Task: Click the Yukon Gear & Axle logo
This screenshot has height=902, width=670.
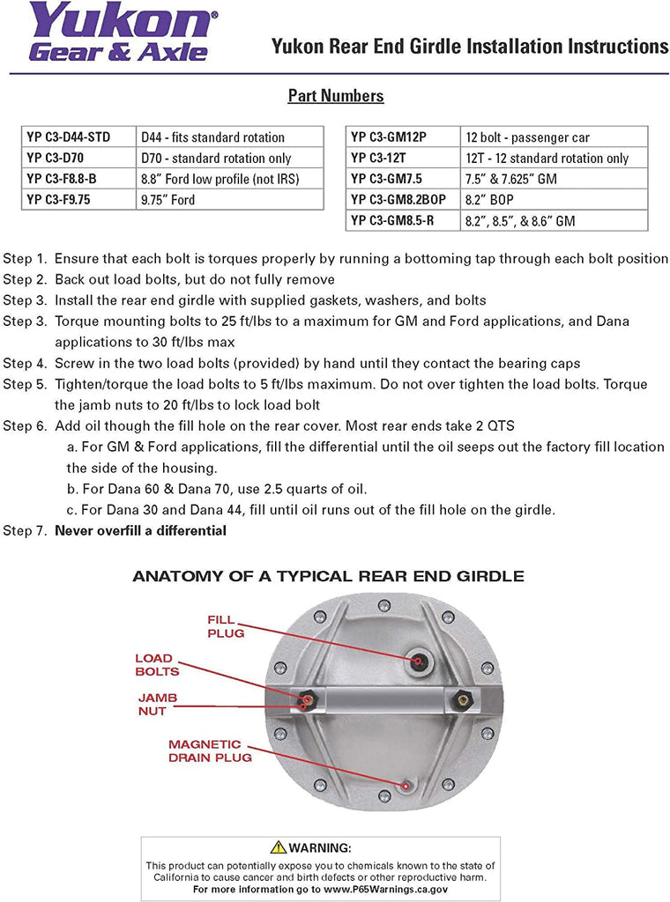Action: pos(119,33)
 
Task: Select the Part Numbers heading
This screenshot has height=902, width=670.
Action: pos(335,96)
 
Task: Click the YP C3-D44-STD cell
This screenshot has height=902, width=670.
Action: pos(78,137)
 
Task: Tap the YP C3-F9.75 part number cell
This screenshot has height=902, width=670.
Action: pos(78,199)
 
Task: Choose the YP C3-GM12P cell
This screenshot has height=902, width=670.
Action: pos(404,137)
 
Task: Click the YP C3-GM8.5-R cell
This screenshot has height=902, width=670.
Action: pos(404,220)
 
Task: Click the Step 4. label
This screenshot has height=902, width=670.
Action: pos(25,363)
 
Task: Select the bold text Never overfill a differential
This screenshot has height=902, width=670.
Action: pos(141,530)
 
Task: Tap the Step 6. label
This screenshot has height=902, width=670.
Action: pos(25,425)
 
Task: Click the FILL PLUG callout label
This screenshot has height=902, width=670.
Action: pos(226,626)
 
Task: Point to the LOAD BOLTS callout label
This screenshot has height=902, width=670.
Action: pos(157,665)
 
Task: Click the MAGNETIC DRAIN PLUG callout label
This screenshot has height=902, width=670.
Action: pos(210,750)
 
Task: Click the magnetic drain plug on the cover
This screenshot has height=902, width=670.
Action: pos(404,785)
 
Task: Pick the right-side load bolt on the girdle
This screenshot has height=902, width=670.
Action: pos(458,700)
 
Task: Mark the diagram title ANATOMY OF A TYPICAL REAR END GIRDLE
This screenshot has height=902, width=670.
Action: pos(328,577)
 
